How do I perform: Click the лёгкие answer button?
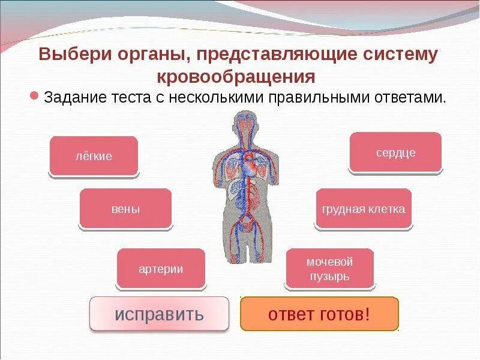[93, 156]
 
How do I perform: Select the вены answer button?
[125, 209]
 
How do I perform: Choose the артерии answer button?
[161, 269]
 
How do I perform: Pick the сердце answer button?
[395, 152]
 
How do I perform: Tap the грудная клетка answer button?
[364, 209]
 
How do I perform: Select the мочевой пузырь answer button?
[329, 269]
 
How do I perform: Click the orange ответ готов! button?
[319, 314]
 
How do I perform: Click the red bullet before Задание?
[35, 96]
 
